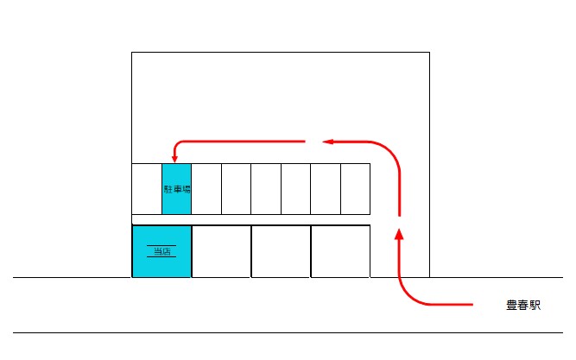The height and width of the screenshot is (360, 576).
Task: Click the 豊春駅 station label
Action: [x=523, y=306]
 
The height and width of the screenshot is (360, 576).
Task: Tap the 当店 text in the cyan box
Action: [x=162, y=251]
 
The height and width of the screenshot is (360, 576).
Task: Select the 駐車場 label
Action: [x=177, y=189]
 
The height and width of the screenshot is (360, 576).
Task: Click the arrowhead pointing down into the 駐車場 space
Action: [x=174, y=159]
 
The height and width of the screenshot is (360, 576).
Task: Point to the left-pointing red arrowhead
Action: [x=327, y=142]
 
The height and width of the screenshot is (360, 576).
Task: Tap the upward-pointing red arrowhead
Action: [x=399, y=234]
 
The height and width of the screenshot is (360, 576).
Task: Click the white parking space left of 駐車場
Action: [x=147, y=189]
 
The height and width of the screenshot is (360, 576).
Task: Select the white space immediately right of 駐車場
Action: [x=206, y=189]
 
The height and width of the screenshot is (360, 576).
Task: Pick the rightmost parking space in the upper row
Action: [x=355, y=189]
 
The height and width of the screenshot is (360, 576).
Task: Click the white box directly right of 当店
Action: [x=222, y=251]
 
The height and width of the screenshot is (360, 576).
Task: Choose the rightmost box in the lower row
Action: [x=340, y=251]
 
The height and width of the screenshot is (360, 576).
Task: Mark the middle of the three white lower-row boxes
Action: [x=281, y=251]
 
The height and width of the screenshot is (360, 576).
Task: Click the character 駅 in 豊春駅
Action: [x=535, y=306]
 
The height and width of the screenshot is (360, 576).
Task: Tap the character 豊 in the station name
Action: [x=512, y=306]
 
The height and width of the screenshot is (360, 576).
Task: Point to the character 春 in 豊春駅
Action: [x=523, y=306]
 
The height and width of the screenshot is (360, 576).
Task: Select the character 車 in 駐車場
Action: [x=177, y=189]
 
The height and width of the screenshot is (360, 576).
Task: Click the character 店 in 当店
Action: [x=167, y=251]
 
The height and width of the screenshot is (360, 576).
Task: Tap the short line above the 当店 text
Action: [x=161, y=245]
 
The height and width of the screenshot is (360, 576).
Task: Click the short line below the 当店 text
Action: [x=161, y=256]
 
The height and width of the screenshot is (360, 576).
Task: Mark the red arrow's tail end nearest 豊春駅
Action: [x=472, y=304]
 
